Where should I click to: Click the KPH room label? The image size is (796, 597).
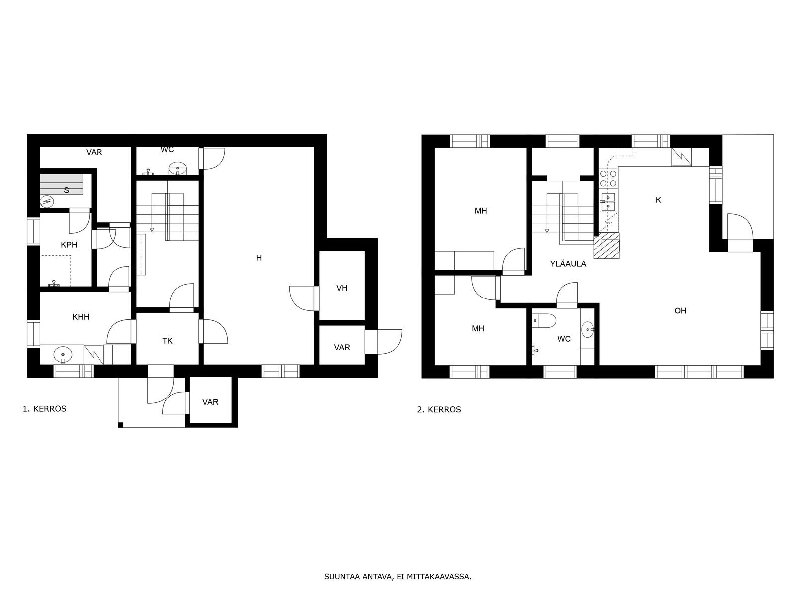69,245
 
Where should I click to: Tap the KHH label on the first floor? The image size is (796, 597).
81,317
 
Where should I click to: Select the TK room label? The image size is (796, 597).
167,341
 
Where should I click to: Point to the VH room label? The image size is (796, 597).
342,288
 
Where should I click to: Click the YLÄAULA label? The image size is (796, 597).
568,264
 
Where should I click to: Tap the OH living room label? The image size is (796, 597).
680,310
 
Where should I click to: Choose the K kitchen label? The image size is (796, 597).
658,199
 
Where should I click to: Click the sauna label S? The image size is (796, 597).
66,191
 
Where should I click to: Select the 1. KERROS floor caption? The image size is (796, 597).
45,409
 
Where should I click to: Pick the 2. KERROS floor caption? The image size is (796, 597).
439,409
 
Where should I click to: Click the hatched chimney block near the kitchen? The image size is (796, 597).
606,246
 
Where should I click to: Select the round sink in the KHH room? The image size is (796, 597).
62,355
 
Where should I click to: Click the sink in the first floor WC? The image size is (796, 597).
178,168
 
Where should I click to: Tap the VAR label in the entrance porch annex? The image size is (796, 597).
210,402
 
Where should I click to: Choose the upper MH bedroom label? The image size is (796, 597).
481,211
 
